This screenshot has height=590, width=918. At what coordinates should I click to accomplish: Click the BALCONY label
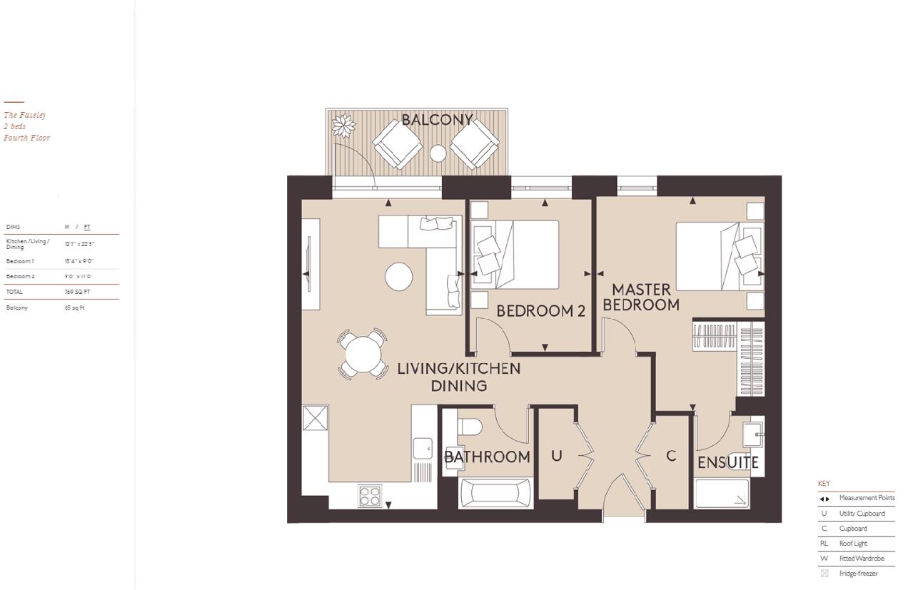point(437,120)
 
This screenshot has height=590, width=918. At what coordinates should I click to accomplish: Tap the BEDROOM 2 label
point(540,311)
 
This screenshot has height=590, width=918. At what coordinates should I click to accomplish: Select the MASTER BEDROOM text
point(641,297)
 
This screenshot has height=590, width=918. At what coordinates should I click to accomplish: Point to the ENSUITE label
point(727,463)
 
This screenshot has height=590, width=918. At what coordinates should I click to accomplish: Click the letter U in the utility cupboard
point(556,456)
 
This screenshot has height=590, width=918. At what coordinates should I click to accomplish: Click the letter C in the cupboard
point(670,456)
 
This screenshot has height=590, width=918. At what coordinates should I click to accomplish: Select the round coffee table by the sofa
point(398,276)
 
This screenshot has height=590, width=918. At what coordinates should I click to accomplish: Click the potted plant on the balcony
point(344,127)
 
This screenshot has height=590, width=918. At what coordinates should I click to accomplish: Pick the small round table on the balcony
point(438,153)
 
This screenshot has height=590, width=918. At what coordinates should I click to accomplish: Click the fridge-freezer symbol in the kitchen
point(315,418)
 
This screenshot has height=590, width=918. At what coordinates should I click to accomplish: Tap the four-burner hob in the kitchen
point(370,495)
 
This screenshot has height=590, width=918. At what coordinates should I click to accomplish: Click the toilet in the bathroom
point(470,427)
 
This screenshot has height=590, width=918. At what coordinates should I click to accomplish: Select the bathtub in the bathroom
point(495,493)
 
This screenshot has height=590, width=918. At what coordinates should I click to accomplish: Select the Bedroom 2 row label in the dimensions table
point(21,276)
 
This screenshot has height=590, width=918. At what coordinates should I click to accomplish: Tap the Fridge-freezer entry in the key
point(858,574)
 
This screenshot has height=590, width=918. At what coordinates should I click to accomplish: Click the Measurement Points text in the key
point(867,498)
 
